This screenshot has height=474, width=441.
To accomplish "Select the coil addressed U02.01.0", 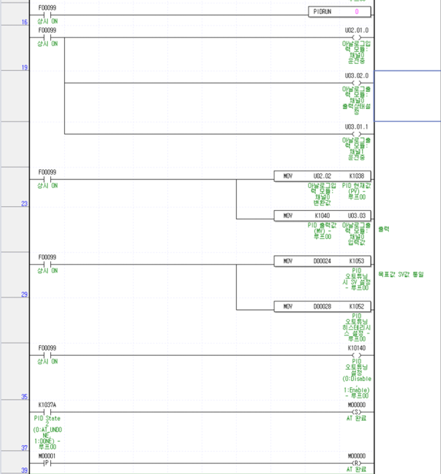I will [x=356, y=37].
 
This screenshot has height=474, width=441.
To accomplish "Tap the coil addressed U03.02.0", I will [x=356, y=83].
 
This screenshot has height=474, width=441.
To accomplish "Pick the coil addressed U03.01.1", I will [x=356, y=133].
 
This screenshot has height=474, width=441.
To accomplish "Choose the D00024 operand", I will [x=322, y=260].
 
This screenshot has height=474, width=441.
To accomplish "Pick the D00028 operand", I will [x=322, y=306].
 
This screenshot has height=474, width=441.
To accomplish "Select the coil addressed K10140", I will [x=356, y=355].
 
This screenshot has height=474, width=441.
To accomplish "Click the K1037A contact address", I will [x=48, y=404].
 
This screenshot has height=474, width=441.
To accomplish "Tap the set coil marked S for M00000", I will [x=356, y=411].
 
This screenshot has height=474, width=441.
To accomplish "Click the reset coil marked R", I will [x=356, y=463].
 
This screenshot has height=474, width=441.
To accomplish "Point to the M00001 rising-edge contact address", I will [x=48, y=455].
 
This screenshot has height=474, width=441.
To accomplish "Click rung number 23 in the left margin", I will [x=24, y=204].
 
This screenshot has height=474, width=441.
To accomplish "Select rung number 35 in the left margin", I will [x=24, y=397].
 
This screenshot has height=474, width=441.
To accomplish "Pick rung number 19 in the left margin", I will [x=24, y=68].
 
